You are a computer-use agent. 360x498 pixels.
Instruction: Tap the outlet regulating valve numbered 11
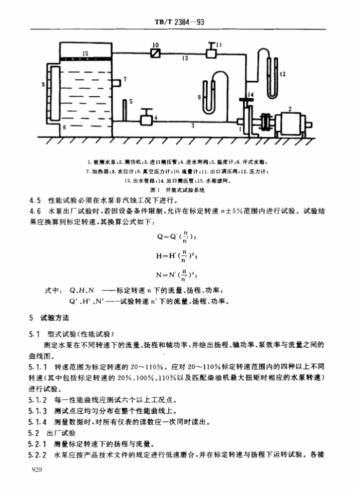[211, 52]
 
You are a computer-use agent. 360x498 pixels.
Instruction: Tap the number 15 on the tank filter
[85, 53]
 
